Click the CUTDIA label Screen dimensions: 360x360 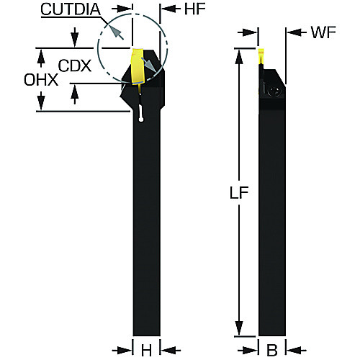click(71, 9)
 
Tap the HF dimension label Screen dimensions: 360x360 click(195, 9)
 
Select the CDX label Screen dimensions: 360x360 click(75, 66)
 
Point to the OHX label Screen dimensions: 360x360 click(41, 80)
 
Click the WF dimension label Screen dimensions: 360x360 click(323, 32)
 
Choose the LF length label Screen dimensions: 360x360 click(239, 192)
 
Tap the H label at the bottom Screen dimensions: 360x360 click(146, 350)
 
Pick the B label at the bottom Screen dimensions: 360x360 click(272, 350)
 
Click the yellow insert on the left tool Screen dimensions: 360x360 click(138, 66)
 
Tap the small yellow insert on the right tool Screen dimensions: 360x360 click(261, 57)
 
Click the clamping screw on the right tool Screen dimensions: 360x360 click(274, 91)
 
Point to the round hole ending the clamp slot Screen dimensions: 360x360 click(141, 120)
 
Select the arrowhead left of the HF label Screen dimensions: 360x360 click(166, 9)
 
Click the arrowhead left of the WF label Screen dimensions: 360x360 click(292, 32)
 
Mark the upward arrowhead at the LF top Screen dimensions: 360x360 click(238, 56)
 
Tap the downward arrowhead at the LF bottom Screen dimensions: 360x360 click(238, 328)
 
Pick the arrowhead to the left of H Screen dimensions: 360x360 click(127, 350)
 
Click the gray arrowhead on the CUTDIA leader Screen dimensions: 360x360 click(115, 32)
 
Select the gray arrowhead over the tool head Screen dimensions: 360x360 click(150, 66)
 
